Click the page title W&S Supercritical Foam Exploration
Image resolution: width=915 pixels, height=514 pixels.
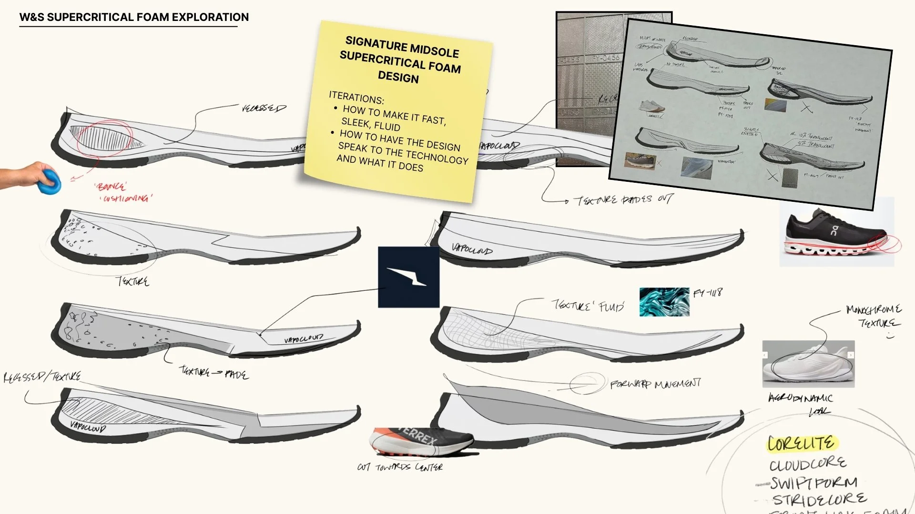point(134,17)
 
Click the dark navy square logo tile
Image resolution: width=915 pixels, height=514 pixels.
point(408,277)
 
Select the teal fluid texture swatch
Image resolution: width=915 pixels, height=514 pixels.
point(664,302)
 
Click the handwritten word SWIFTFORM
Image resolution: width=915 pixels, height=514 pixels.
point(813,483)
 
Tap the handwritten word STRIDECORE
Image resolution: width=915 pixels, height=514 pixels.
point(819,500)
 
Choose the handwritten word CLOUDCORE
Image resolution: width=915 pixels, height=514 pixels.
point(808,464)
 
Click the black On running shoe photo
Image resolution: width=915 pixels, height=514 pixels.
point(836,232)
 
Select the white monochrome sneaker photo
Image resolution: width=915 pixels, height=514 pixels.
point(808,364)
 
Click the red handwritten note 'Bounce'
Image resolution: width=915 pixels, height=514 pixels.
point(110,186)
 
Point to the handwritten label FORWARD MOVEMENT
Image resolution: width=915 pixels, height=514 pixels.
point(655,384)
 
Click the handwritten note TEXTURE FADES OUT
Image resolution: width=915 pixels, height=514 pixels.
point(623,200)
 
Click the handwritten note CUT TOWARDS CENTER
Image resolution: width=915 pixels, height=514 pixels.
point(400,467)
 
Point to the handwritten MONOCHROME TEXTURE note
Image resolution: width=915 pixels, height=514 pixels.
point(874,316)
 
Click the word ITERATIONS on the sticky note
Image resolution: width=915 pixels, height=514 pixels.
point(356,98)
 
